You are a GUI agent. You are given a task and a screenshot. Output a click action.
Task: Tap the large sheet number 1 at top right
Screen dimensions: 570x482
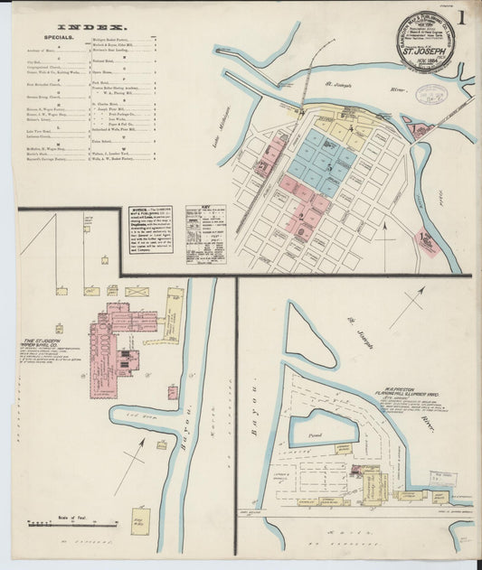[461, 18]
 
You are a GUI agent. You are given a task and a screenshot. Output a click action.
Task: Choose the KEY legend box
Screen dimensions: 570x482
[205, 233]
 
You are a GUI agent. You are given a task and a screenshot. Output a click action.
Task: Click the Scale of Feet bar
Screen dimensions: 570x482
[58, 523]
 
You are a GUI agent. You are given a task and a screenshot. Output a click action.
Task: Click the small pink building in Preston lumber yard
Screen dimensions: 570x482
[357, 471]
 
